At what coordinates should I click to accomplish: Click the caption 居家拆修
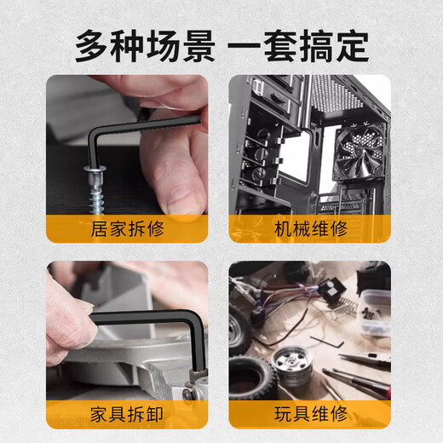(126, 228)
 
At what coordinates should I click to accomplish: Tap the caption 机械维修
(312, 228)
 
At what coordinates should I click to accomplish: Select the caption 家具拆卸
(126, 414)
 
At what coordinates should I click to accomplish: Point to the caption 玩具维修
(312, 414)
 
